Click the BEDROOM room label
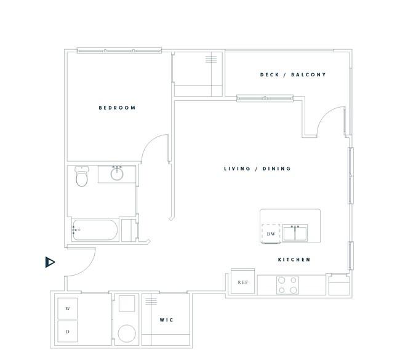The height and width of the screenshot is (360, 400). click(117, 108)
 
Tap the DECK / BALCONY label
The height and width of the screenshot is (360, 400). click(293, 74)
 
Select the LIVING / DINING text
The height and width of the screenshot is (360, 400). click(257, 169)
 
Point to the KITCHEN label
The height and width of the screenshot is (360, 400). click(294, 260)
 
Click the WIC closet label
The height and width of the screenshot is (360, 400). click(166, 320)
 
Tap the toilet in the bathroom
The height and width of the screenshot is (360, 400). click(82, 176)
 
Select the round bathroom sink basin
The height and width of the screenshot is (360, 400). click(117, 174)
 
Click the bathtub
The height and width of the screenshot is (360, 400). click(95, 230)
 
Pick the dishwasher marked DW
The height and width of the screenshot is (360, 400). click(271, 233)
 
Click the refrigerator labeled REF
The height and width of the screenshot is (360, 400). click(243, 281)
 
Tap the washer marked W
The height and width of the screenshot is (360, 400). click(68, 308)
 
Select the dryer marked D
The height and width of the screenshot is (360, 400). click(68, 332)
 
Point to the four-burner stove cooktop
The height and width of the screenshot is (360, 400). click(287, 285)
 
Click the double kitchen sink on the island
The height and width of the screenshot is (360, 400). click(295, 233)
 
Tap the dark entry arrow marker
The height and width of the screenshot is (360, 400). click(50, 262)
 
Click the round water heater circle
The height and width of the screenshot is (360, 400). click(127, 334)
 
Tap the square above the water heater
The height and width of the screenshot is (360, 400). click(127, 303)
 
